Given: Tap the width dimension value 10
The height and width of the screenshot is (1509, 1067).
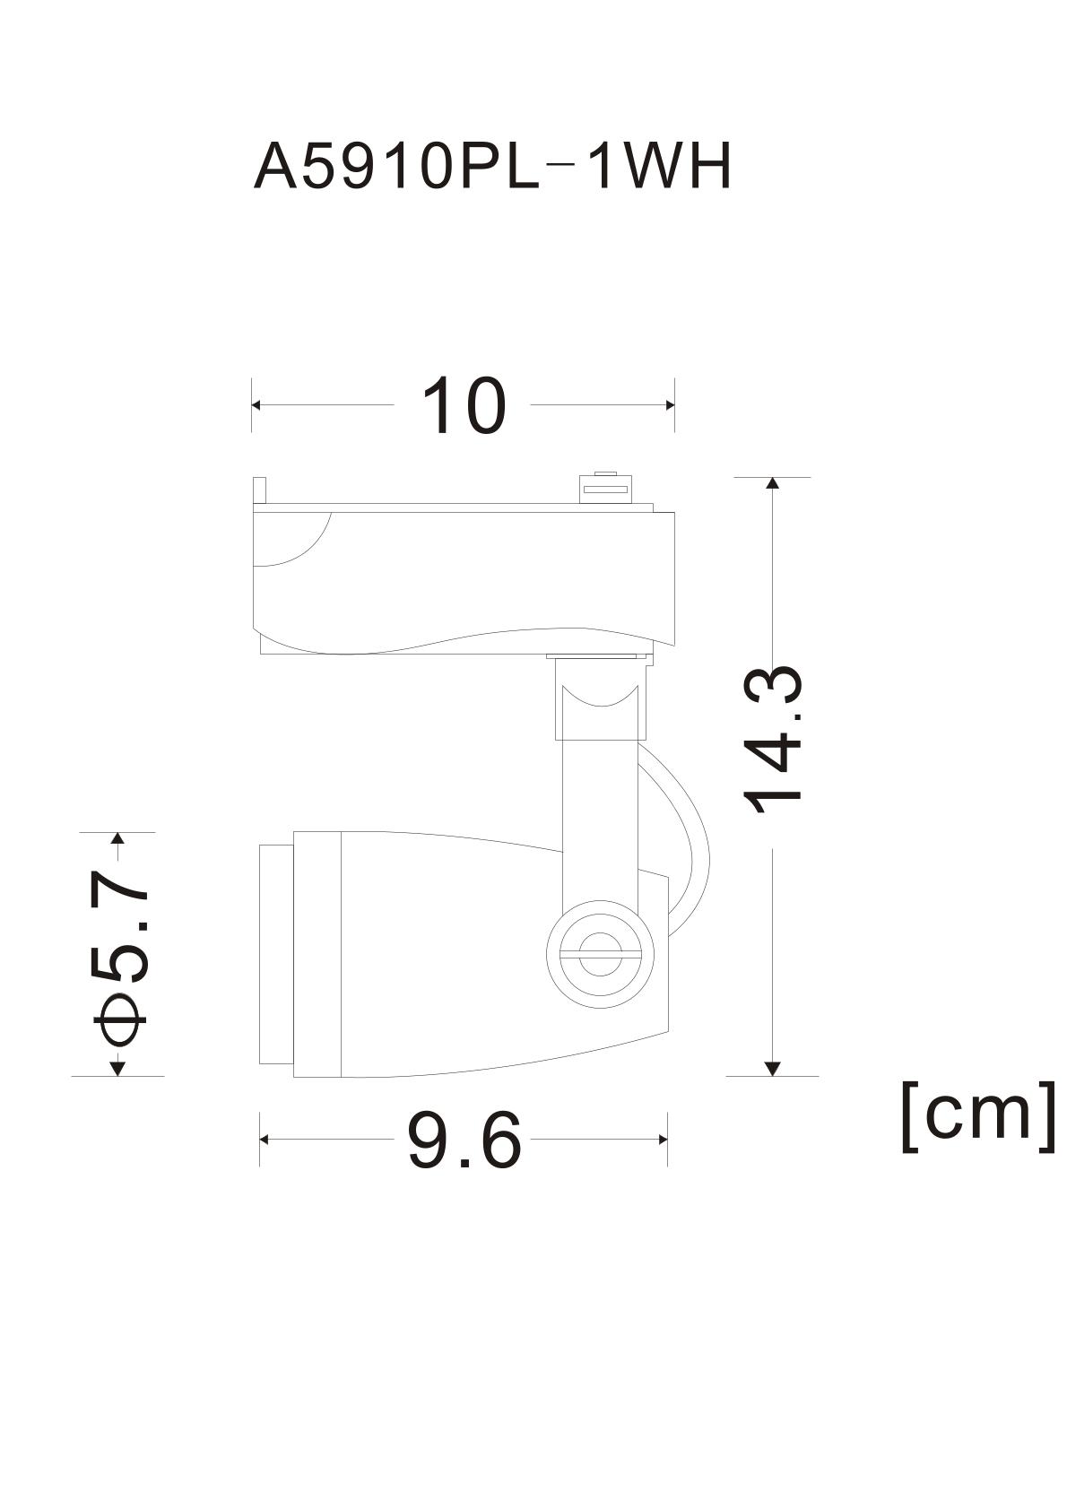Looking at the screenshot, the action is click(x=464, y=405).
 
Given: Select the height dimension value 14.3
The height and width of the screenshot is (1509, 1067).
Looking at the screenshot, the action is click(x=773, y=739).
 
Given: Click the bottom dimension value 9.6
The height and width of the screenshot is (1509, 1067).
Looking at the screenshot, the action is click(x=464, y=1140).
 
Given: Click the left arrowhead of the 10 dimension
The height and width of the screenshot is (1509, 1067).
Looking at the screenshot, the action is click(x=256, y=405).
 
